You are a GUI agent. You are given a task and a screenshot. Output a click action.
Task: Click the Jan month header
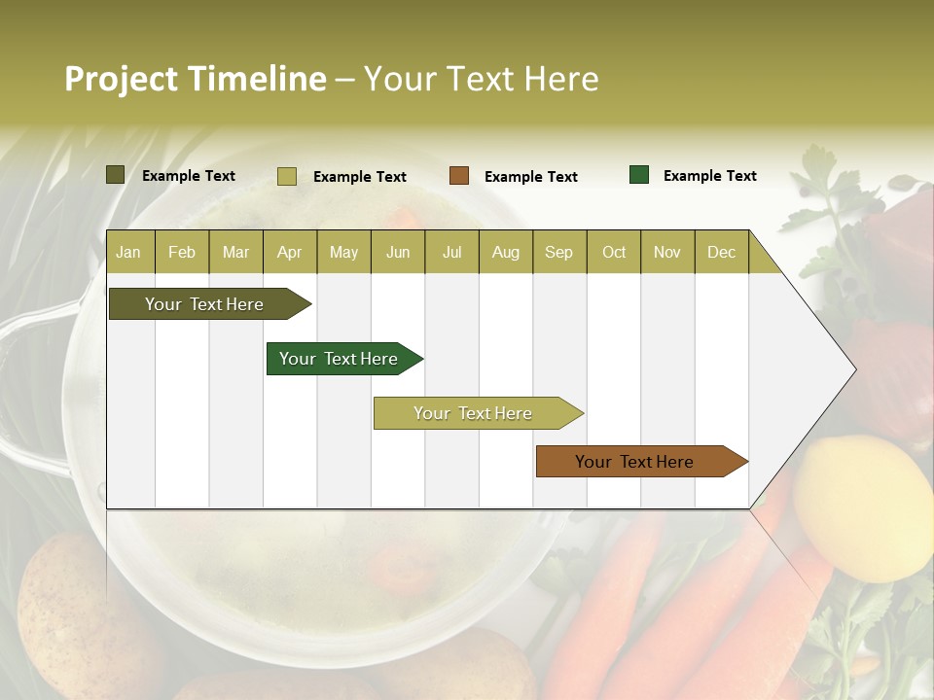click(x=128, y=252)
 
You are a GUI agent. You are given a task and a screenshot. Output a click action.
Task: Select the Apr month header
click(x=289, y=252)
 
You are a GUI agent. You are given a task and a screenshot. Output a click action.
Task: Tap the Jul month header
click(x=451, y=252)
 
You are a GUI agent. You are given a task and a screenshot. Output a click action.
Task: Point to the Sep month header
click(x=558, y=252)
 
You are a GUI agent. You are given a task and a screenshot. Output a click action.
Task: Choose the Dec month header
click(x=721, y=252)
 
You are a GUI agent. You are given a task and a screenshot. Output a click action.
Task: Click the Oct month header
click(x=614, y=252)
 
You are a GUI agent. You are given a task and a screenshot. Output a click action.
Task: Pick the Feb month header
click(x=182, y=252)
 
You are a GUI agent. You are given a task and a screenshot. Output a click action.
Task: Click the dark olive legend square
click(x=115, y=175)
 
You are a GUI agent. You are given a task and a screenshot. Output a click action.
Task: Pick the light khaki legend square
click(x=287, y=176)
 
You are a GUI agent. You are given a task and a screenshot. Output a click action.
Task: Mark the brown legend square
click(x=459, y=176)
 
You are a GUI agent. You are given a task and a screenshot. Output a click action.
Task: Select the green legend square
click(x=639, y=175)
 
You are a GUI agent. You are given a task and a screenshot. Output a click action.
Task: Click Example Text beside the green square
click(x=709, y=176)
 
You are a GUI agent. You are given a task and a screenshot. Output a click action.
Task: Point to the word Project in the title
click(x=122, y=79)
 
